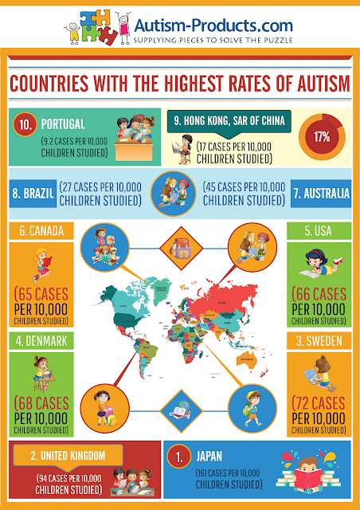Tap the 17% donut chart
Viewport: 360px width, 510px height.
tap(322, 137)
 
